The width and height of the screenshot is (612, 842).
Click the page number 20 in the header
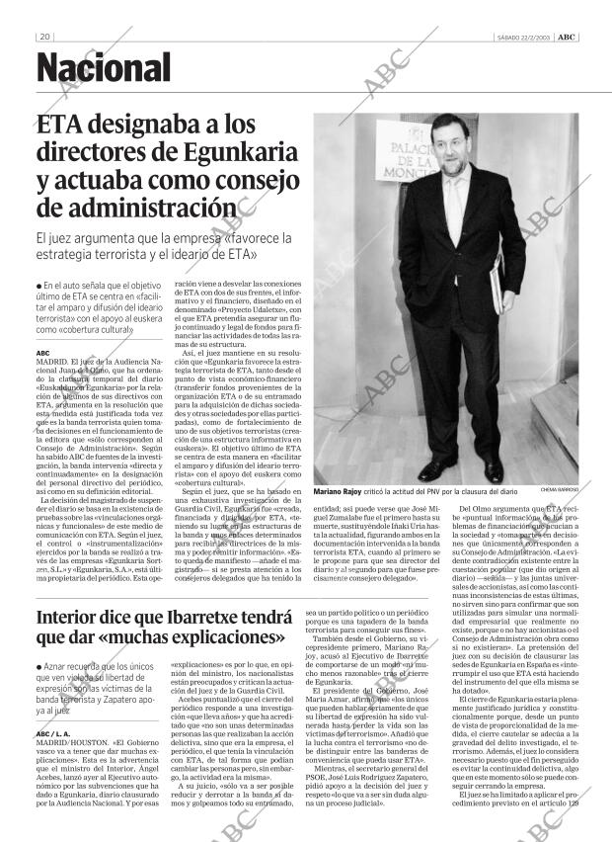click(x=44, y=37)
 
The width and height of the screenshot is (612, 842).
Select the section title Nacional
click(x=104, y=69)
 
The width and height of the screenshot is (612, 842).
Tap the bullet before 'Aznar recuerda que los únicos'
click(x=39, y=669)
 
